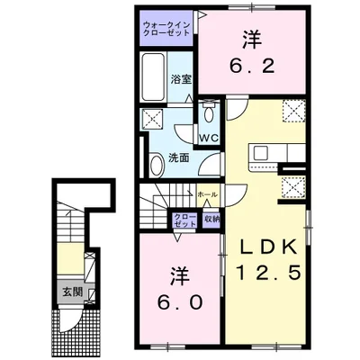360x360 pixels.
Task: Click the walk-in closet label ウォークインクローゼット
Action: click(167, 26)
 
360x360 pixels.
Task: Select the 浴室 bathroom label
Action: click(181, 79)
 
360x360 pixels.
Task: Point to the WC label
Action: click(208, 138)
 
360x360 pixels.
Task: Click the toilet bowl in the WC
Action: click(209, 115)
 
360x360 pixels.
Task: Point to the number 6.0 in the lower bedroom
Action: click(176, 302)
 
